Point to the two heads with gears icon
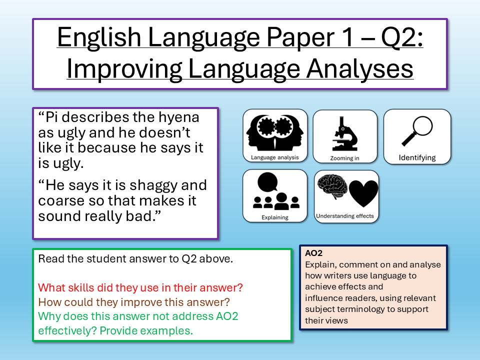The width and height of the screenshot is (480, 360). [x=275, y=132]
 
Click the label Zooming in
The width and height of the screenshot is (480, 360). [x=345, y=158]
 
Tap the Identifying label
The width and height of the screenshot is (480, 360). [x=417, y=158]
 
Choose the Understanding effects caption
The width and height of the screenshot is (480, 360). [x=345, y=216]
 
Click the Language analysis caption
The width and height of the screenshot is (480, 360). [x=275, y=158]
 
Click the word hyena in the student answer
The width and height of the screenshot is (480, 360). [x=178, y=118]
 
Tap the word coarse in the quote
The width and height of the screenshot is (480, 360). [x=60, y=201]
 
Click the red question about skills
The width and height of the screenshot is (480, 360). [x=140, y=288]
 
